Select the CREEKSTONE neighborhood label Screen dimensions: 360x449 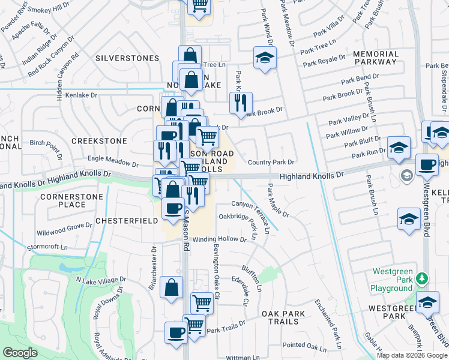99,140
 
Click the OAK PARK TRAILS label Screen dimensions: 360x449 279,319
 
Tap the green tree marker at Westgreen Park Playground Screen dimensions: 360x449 423,278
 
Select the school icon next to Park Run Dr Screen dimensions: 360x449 399,148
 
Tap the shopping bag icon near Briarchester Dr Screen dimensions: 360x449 172,287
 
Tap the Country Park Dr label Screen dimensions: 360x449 271,162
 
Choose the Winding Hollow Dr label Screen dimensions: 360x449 220,239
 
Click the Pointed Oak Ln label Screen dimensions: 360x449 303,344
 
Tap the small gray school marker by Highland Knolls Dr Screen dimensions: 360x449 406,176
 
